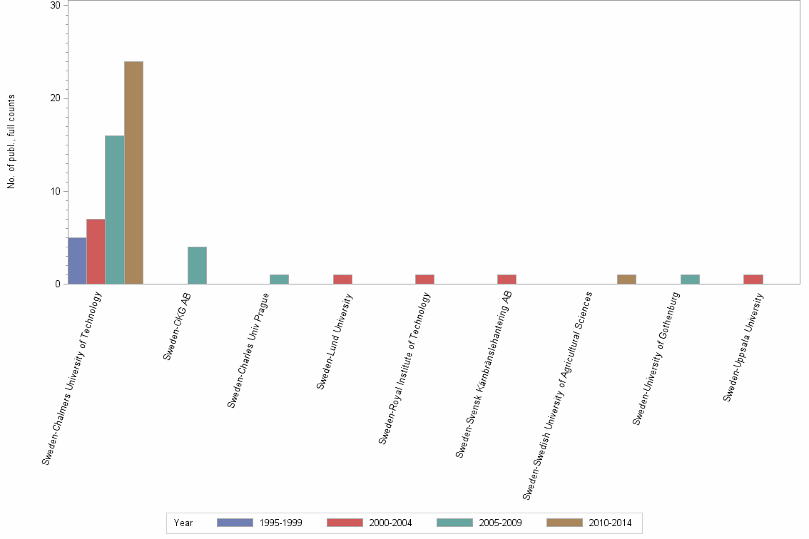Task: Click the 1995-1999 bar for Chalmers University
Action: point(77,261)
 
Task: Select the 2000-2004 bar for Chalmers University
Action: point(96,252)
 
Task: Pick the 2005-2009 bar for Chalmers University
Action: point(115,210)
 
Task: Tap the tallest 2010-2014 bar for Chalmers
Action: point(133,173)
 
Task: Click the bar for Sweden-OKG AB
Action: point(197,265)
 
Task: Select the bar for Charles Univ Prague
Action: point(279,279)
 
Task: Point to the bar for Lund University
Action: point(342,279)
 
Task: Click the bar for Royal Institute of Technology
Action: point(424,279)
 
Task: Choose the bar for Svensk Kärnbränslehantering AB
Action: point(507,279)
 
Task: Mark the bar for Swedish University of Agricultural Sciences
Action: point(626,279)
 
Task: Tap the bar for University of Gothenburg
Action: point(690,279)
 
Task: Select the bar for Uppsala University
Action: point(753,279)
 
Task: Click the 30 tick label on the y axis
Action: point(54,5)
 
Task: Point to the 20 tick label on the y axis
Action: point(54,98)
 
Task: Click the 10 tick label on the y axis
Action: point(54,191)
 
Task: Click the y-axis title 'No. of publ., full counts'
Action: point(11,141)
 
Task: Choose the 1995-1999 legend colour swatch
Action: point(235,523)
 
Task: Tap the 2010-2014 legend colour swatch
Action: point(564,523)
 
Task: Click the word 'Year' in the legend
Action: point(183,523)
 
